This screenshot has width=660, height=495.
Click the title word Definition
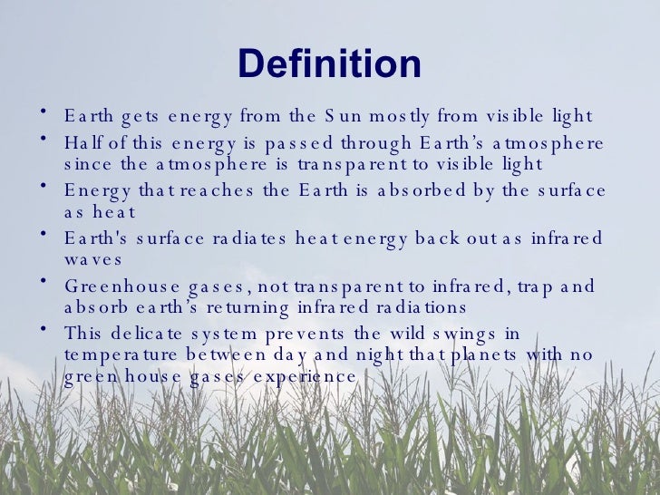(329, 64)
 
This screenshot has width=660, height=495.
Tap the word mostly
(400, 117)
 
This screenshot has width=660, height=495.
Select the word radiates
(245, 238)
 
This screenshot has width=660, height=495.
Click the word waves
(92, 258)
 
